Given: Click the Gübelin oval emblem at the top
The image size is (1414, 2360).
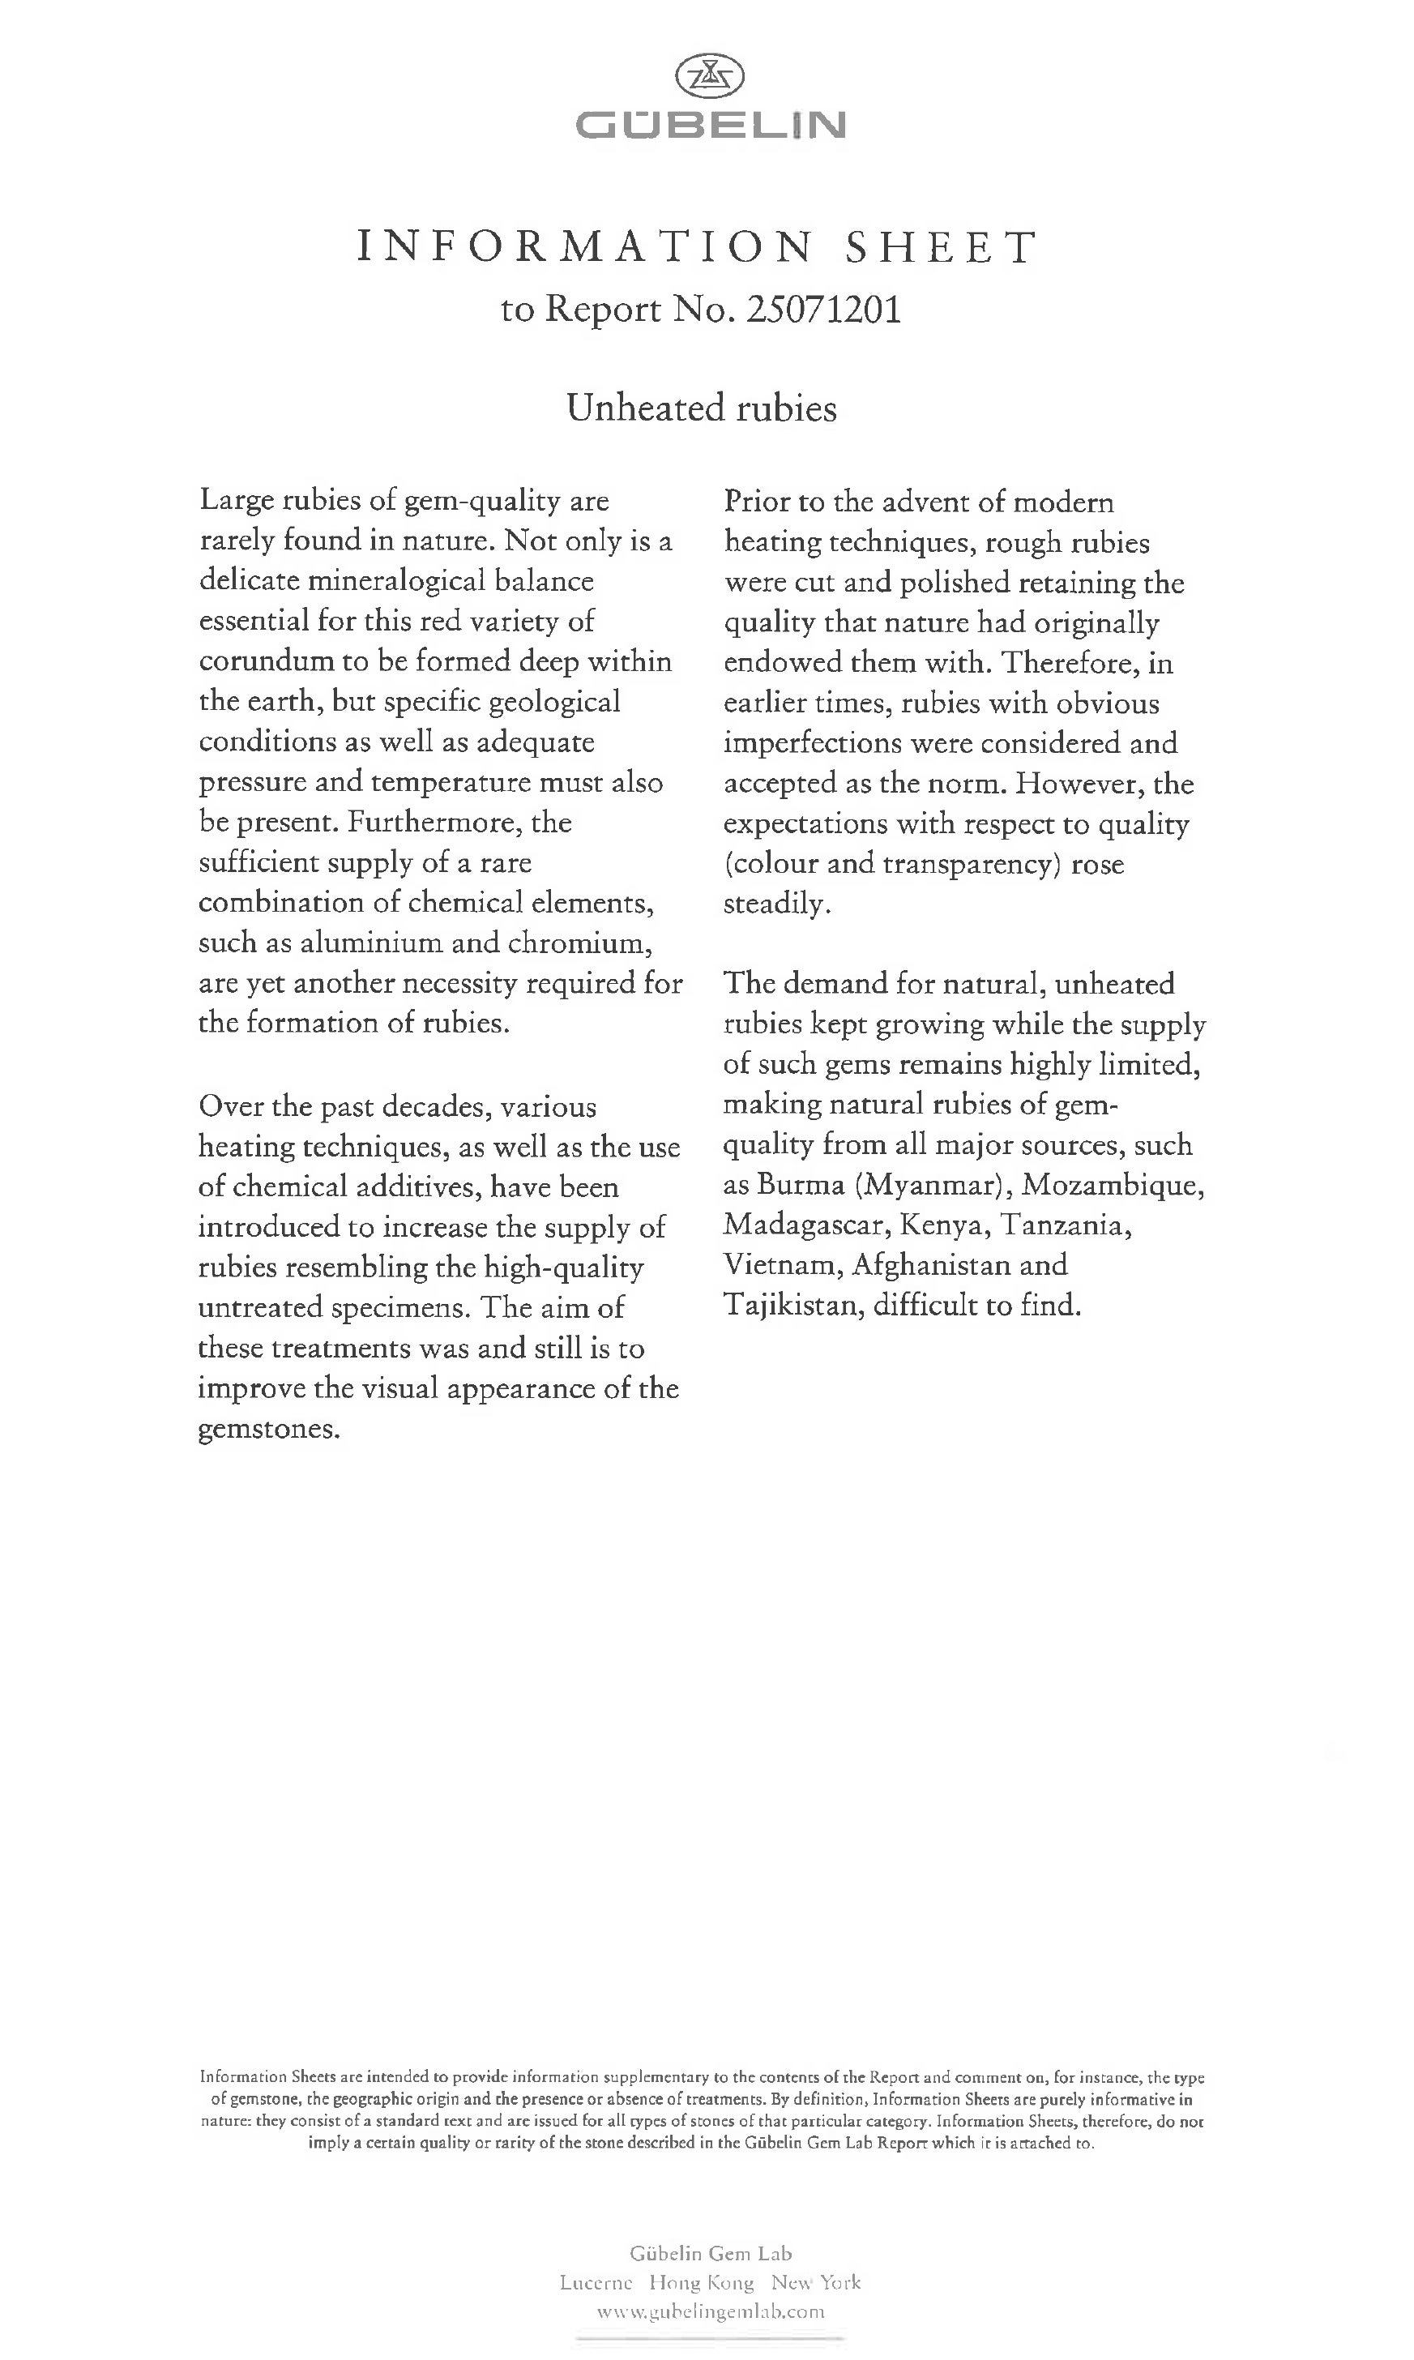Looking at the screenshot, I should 710,77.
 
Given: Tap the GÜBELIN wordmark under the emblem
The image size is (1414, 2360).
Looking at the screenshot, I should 710,125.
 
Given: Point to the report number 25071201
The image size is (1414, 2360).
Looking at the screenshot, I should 824,310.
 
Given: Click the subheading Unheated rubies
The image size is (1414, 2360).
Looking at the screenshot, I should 701,408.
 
